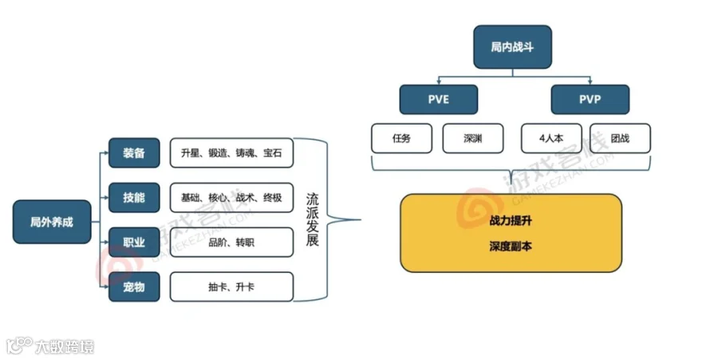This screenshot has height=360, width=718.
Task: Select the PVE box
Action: pos(438,100)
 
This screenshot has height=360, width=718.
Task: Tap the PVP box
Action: pos(590,100)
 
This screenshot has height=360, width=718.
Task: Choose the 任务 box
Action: pos(402,138)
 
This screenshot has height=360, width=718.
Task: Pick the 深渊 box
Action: pos(473,138)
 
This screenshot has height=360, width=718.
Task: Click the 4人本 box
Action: pos(551,138)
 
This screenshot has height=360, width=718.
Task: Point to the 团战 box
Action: pos(620,138)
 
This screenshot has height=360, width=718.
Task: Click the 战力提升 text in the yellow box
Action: pos(511,221)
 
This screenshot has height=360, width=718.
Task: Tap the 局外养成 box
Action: pos(52,221)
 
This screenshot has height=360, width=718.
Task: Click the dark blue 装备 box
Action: pos(134,153)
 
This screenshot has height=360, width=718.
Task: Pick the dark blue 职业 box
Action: pos(134,242)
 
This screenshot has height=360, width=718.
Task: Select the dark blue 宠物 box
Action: pos(134,287)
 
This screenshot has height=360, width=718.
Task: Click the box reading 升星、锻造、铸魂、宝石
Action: pos(231,153)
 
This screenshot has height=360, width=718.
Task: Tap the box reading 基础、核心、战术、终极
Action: pos(231,197)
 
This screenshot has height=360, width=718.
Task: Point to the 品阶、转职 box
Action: pos(231,242)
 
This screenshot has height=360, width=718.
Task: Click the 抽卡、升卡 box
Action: pos(231,287)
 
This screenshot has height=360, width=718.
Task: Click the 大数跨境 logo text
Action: pos(64,347)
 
